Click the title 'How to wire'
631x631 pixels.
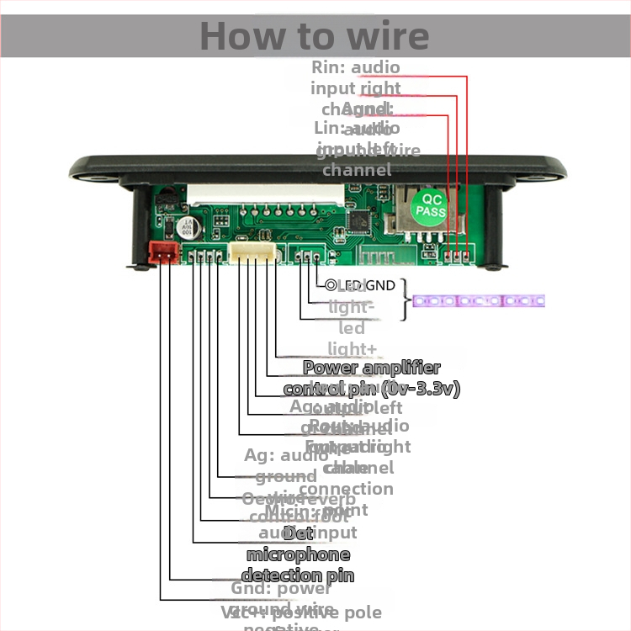tap(315, 36)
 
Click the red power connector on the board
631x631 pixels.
tap(162, 251)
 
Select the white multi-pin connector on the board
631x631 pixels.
tap(253, 253)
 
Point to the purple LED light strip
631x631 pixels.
tap(476, 300)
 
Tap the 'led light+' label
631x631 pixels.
tap(351, 338)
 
